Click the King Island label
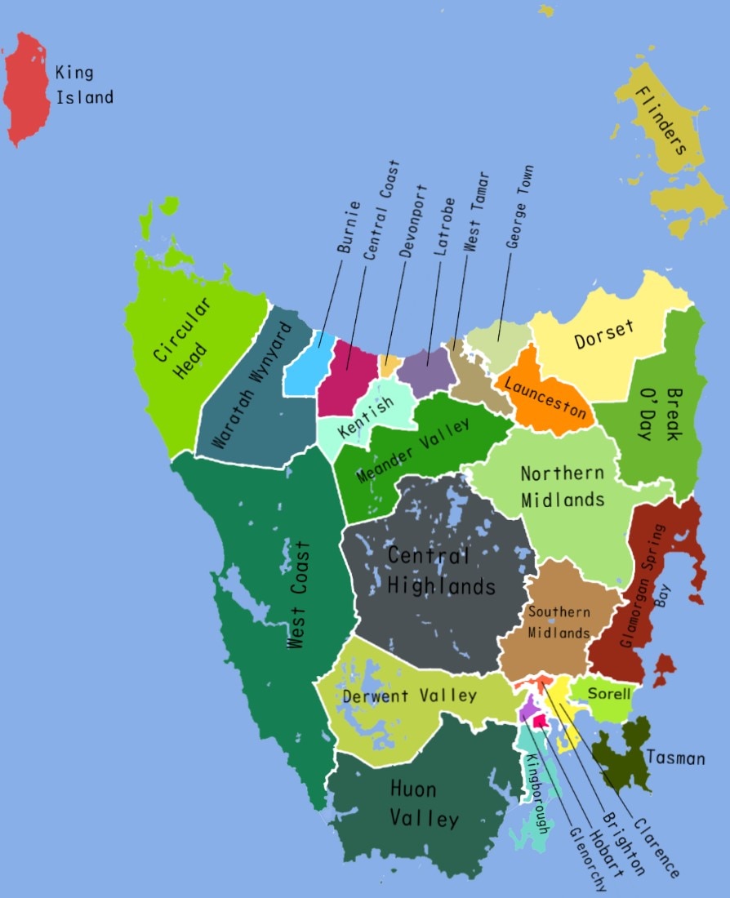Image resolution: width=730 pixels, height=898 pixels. coord(84,85)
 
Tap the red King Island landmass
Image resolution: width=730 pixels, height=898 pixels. coord(26,88)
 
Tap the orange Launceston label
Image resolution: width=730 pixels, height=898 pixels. coord(545,398)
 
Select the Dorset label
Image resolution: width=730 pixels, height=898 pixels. coord(603,336)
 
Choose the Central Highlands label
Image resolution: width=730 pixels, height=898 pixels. coord(440,570)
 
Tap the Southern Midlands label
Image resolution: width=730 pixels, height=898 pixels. coord(559,622)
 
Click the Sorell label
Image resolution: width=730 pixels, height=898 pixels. coord(609,695)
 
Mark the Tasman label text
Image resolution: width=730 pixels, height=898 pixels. coord(675,758)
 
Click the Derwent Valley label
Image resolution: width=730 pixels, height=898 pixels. coord(409,696)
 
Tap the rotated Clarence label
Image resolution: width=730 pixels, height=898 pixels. coord(655,849)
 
